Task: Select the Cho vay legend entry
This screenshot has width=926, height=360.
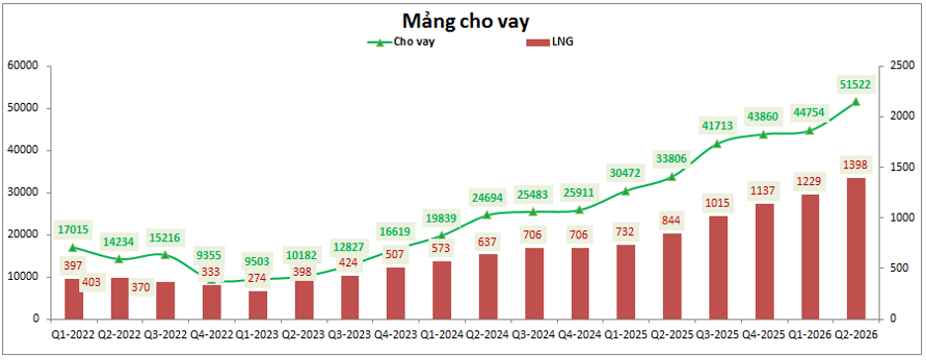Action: (x=402, y=43)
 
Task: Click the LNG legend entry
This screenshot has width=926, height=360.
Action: (x=549, y=43)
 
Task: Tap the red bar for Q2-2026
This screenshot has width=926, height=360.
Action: (x=856, y=248)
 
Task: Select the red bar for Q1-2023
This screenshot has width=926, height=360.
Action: (x=258, y=306)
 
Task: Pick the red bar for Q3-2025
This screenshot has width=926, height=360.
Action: (x=718, y=268)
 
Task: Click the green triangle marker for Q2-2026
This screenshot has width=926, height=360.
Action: (x=856, y=102)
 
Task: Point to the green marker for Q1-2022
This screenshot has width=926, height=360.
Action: (x=73, y=248)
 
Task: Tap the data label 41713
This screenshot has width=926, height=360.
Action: (x=717, y=126)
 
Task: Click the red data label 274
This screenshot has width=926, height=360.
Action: (x=257, y=278)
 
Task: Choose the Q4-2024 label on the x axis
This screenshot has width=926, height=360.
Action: (x=580, y=334)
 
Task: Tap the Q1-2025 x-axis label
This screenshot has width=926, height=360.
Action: (x=626, y=334)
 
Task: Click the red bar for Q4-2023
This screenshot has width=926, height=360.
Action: (x=397, y=294)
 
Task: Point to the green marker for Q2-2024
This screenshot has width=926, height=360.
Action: (x=488, y=215)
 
